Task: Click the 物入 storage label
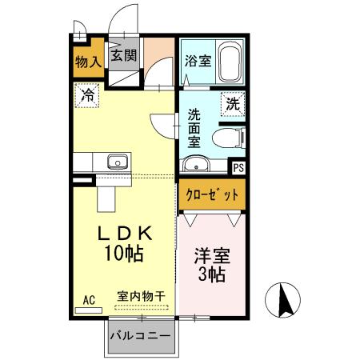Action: tap(88, 61)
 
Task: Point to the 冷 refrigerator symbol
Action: tap(86, 96)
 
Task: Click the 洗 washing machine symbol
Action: tap(231, 103)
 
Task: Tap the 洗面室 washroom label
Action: tap(194, 127)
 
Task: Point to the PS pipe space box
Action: tap(238, 168)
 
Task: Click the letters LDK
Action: tap(124, 234)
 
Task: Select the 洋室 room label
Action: tap(212, 258)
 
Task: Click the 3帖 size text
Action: tap(210, 277)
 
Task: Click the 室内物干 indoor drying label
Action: tap(141, 296)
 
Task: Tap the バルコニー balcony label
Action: tap(139, 335)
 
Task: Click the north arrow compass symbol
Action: tap(284, 300)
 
